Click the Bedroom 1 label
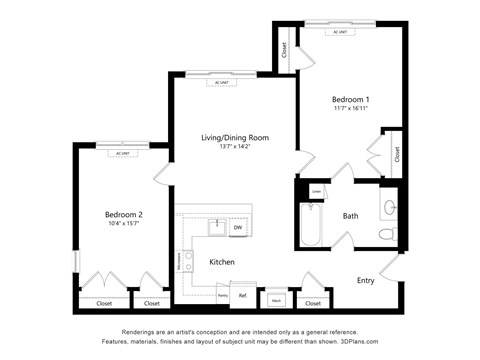tap(351, 99)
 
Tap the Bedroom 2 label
tap(124, 214)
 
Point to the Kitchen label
tap(222, 262)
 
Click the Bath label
tap(351, 216)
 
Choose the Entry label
tap(366, 280)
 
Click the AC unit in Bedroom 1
tap(342, 30)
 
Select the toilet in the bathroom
tap(387, 234)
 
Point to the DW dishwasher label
tap(237, 228)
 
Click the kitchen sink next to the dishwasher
tap(216, 227)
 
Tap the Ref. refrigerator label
tap(242, 295)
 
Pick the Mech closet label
tap(275, 299)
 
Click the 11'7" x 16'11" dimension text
tap(351, 109)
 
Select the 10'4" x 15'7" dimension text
tap(124, 224)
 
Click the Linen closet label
tap(316, 190)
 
